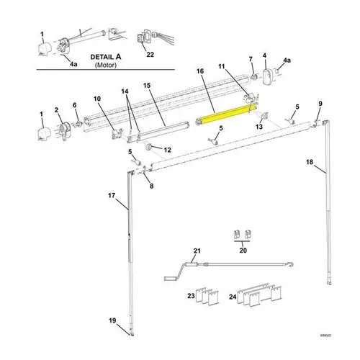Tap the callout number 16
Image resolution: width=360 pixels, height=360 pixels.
tap(201, 72)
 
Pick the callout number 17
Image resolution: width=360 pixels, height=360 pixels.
tap(112, 195)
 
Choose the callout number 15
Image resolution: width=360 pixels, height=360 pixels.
tap(146, 86)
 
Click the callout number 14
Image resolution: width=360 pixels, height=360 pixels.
tap(125, 91)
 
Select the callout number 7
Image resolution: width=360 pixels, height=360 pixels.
tap(250, 58)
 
